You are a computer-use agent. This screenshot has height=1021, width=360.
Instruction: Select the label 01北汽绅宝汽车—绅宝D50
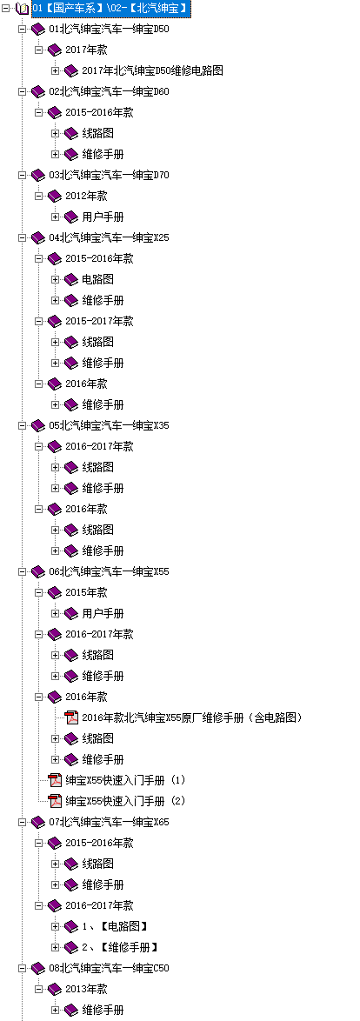(109, 30)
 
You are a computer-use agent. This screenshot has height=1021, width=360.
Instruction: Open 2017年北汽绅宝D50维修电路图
(152, 71)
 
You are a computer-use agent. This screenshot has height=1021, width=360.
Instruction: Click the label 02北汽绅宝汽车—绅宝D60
(109, 92)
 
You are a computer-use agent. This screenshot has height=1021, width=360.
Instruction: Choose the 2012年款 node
(86, 196)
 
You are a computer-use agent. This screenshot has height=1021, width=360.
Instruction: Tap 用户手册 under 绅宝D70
(103, 217)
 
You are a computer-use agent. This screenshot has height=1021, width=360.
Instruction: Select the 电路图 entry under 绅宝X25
(97, 279)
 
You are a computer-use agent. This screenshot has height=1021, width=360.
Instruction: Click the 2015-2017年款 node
(99, 321)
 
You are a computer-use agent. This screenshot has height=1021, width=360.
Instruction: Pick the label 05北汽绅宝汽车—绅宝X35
(109, 425)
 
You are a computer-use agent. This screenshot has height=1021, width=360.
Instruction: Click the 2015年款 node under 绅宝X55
(86, 592)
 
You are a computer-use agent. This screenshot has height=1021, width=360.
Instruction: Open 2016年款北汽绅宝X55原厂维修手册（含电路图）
(193, 717)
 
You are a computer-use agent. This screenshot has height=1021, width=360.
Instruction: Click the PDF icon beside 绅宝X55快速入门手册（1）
(56, 780)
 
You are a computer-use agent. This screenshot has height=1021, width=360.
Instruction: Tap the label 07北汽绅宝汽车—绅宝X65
(109, 822)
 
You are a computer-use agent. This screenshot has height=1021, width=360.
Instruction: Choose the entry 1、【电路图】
(115, 926)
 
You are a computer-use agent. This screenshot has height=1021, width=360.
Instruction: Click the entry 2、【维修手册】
(120, 947)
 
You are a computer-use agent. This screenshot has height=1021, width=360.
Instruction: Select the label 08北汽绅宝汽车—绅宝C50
(109, 968)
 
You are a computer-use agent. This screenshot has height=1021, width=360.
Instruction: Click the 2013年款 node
(86, 989)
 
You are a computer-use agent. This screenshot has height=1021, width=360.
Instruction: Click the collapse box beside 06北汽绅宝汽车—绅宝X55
(22, 571)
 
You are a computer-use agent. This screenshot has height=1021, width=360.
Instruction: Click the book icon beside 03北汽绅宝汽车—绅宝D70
(38, 175)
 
